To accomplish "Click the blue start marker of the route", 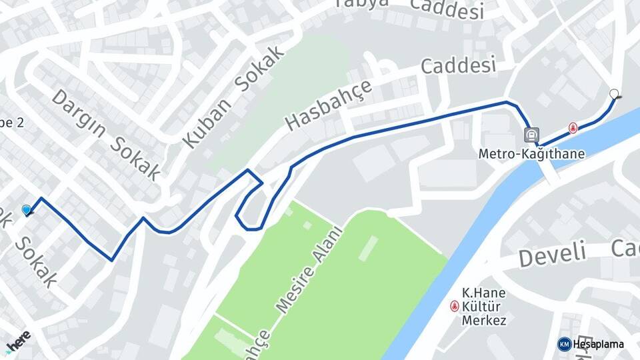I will tap(27, 210).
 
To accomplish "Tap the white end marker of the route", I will tap(614, 94).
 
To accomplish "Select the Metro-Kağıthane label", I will tap(531, 154).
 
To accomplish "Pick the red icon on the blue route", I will tap(573, 127).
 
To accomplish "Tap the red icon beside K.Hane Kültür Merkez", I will tap(455, 306).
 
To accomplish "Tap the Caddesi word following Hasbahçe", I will tap(459, 67).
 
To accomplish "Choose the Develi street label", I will tap(553, 254).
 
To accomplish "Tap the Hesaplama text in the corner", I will tap(599, 344).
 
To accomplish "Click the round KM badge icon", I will tap(564, 344).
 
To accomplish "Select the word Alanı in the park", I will tap(330, 244).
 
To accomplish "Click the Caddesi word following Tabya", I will tap(447, 8).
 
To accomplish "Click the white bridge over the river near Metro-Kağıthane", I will tap(549, 170).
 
